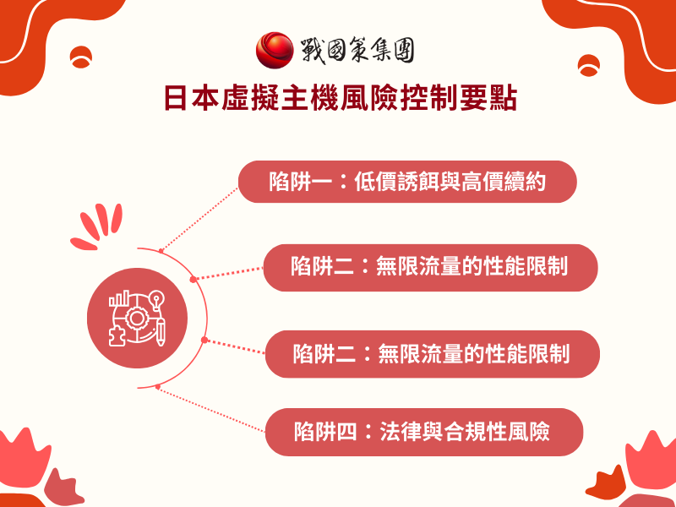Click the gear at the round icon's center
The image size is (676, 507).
136,318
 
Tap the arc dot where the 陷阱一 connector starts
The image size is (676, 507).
161,250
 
